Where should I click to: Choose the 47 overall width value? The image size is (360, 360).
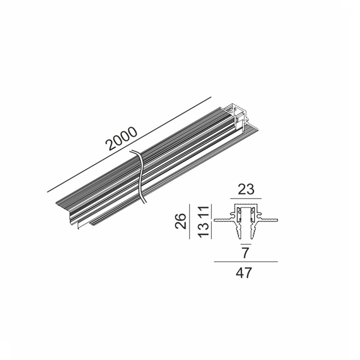(x=245, y=273)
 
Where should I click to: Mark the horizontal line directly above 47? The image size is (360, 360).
(x=246, y=262)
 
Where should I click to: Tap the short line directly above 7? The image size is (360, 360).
(x=246, y=242)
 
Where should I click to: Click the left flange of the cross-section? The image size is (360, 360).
(x=222, y=219)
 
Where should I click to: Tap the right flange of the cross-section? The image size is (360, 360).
(x=269, y=219)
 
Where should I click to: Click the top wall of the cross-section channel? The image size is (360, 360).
(x=246, y=205)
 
